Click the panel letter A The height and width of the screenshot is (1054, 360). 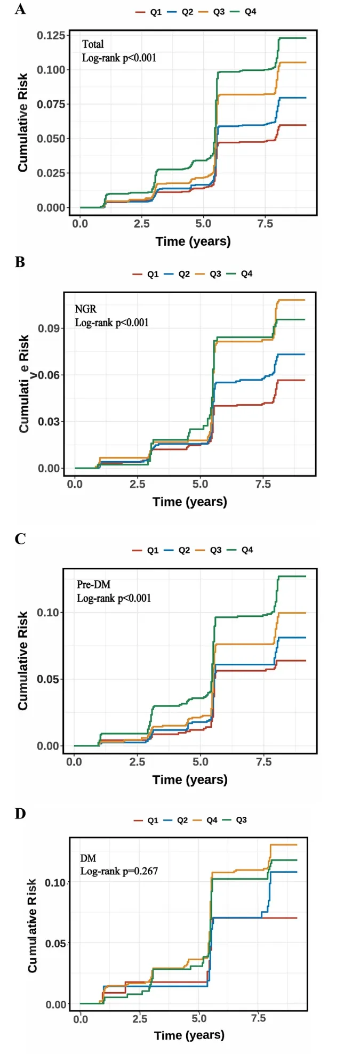(x=20, y=9)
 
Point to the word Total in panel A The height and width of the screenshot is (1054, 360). (x=93, y=44)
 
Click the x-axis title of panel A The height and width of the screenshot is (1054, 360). (x=193, y=242)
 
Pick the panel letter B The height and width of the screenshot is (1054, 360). (x=20, y=262)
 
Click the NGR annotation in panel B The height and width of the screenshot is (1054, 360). (x=85, y=309)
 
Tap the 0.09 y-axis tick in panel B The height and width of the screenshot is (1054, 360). (x=49, y=328)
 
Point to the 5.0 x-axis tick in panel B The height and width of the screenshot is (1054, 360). (x=200, y=484)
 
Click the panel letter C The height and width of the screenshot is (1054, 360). (x=20, y=539)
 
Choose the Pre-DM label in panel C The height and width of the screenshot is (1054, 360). (x=93, y=584)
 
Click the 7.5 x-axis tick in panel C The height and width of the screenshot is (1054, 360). (x=263, y=762)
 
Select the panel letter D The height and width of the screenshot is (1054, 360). (x=20, y=814)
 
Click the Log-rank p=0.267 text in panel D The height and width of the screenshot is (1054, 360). (x=119, y=871)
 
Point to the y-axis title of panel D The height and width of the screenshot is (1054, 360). (x=33, y=926)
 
